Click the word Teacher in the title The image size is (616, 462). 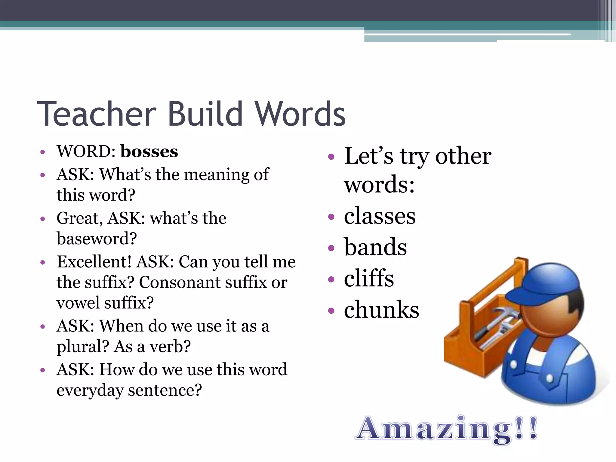pos(97,114)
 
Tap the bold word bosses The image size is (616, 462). pos(149,151)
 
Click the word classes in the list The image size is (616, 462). pos(380,216)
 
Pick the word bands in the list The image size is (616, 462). pos(375,247)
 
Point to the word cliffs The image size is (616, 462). pos(369,278)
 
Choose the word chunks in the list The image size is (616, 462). pos(381,310)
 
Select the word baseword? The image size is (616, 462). pos(97,239)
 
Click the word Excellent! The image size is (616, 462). pos(94,262)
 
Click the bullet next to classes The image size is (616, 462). pos(331,217)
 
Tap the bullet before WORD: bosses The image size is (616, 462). pos(43,152)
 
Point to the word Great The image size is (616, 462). pos(79,218)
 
